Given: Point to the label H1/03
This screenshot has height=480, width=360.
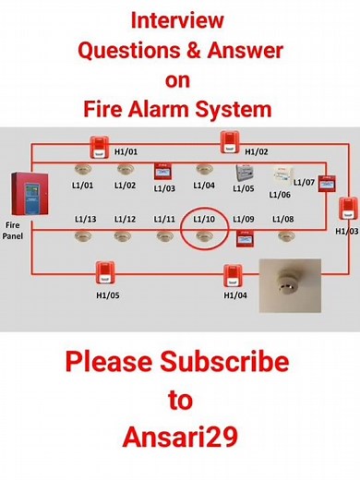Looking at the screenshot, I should [346, 230].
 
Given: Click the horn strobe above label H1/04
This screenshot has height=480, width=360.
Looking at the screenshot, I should [232, 274].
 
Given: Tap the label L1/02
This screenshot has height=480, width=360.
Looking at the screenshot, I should [125, 186].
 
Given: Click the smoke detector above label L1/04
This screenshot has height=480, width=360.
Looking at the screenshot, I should [204, 171].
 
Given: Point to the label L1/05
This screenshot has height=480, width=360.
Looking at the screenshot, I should [244, 188].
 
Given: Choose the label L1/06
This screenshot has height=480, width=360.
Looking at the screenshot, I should [280, 194].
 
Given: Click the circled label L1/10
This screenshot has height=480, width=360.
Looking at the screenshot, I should [203, 219].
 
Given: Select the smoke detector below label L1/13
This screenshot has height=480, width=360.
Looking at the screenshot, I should [85, 235].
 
